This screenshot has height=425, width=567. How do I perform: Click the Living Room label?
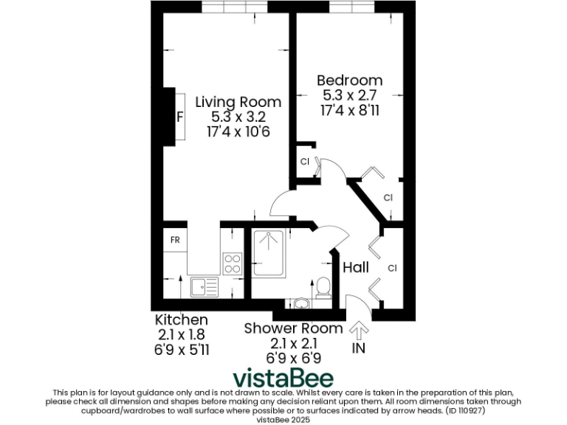[238, 102]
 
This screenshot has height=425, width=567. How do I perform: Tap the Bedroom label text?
[349, 80]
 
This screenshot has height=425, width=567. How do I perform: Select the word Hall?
[356, 268]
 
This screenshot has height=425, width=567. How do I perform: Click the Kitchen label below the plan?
[181, 320]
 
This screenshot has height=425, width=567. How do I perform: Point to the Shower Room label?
[293, 328]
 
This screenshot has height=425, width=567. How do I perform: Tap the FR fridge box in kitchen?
[176, 241]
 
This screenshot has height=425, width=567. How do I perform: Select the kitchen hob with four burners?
[233, 263]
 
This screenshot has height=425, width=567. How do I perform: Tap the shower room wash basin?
[301, 303]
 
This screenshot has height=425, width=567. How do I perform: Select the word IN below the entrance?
[360, 348]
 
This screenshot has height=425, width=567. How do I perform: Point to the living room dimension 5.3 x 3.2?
[238, 117]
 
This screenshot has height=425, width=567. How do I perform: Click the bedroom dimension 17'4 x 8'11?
[349, 109]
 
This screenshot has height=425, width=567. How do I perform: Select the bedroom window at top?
[350, 7]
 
